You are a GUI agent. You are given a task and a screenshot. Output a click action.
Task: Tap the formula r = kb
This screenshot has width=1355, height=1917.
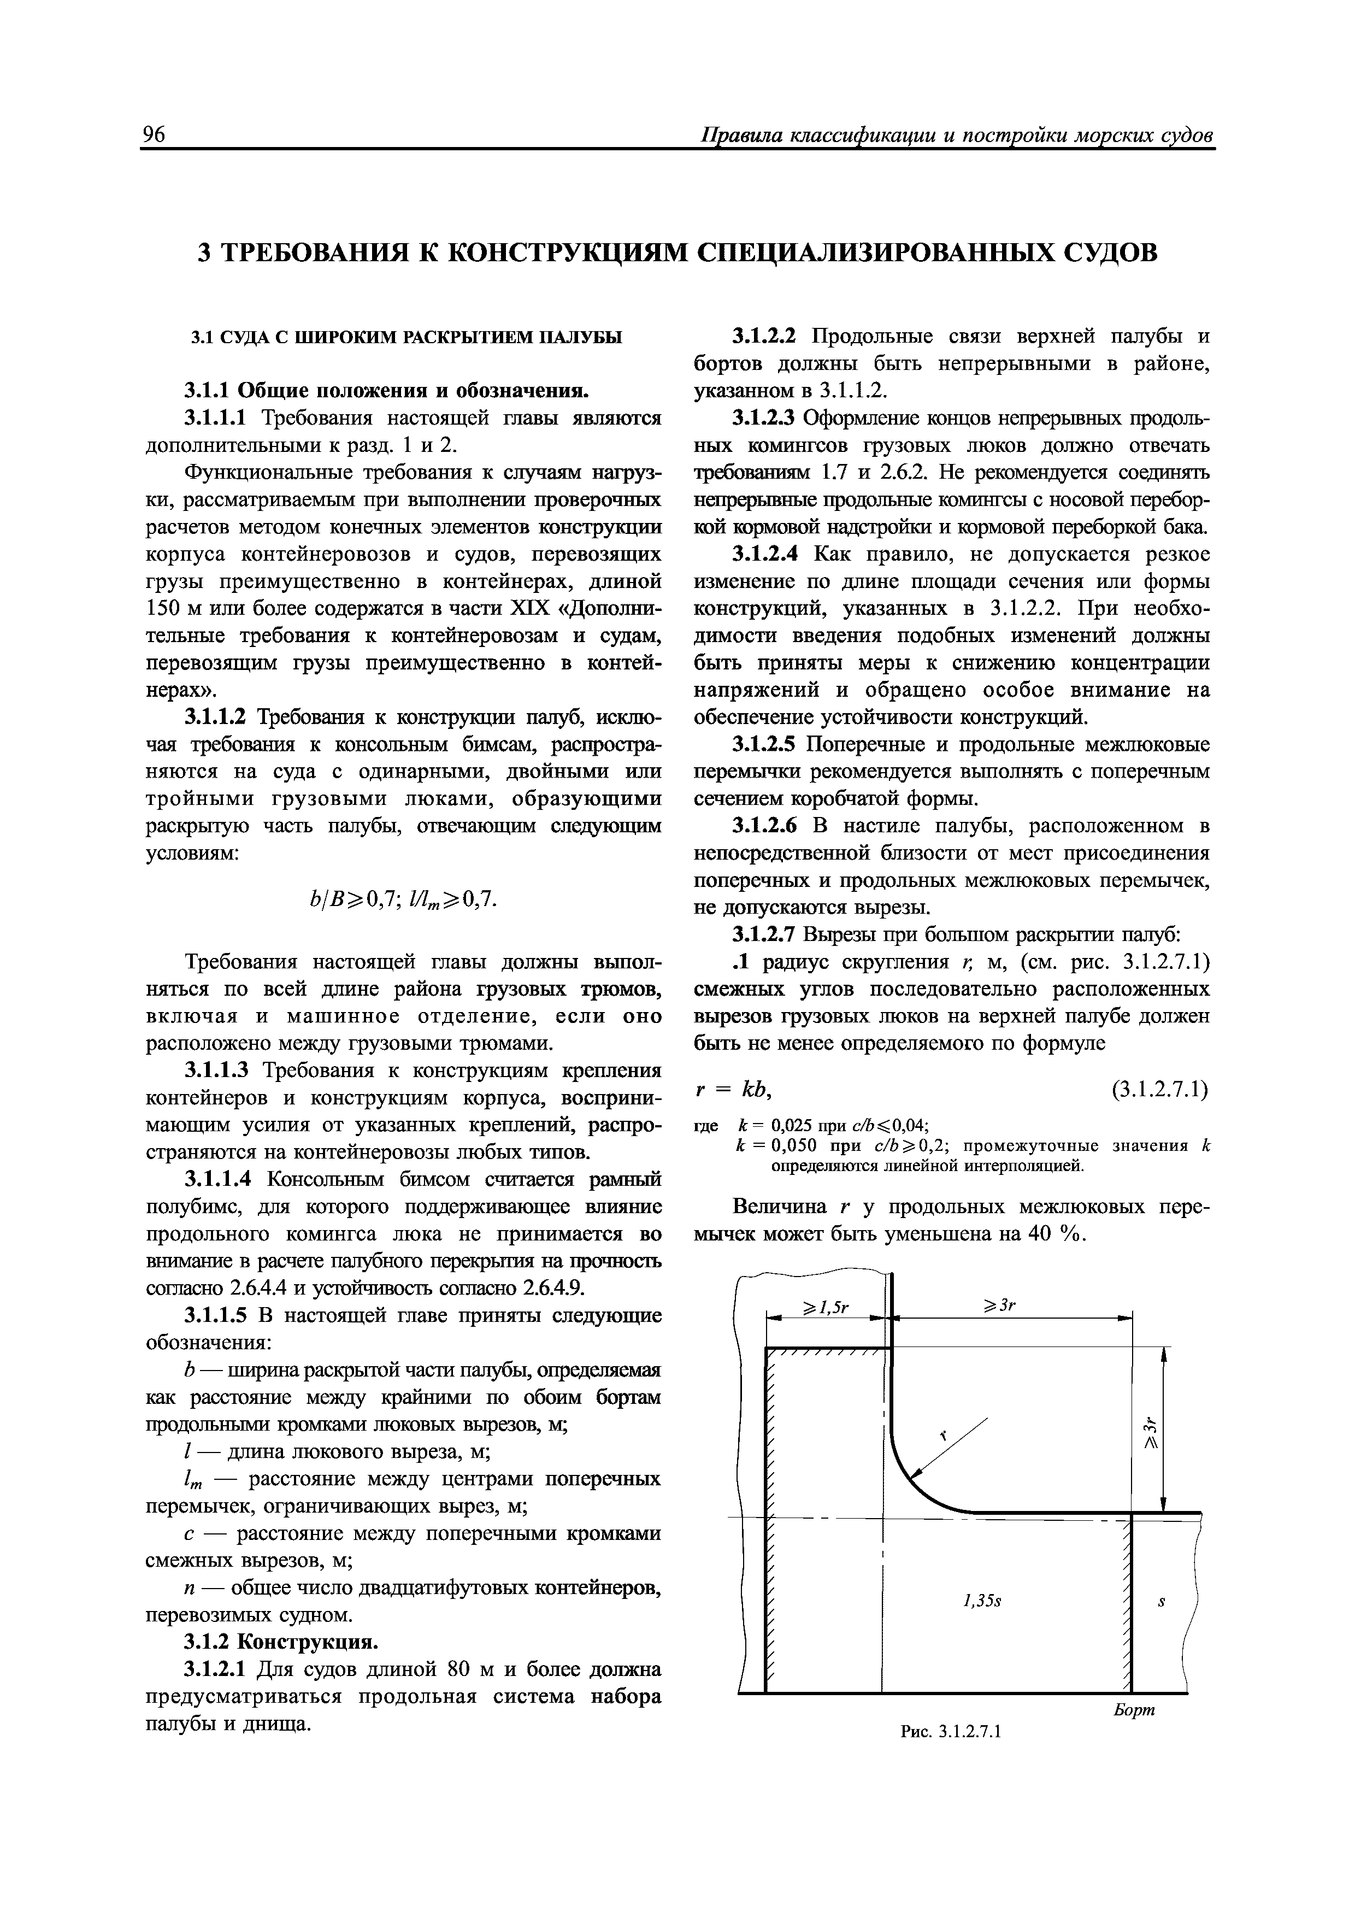click(737, 1090)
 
